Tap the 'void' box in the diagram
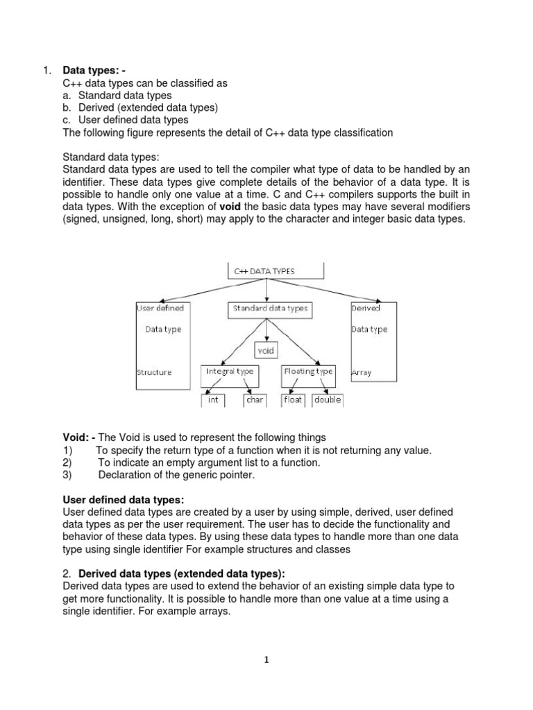(x=266, y=351)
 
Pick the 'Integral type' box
(x=230, y=372)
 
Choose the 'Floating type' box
(x=308, y=372)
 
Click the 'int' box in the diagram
(x=213, y=401)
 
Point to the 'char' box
(x=254, y=401)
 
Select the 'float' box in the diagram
(x=293, y=401)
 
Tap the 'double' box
(x=327, y=401)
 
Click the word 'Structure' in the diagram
(x=153, y=372)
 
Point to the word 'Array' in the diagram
(x=362, y=372)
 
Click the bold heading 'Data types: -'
(x=95, y=70)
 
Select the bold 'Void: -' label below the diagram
(x=80, y=438)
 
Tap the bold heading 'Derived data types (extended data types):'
(x=182, y=573)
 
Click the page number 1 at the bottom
(x=266, y=660)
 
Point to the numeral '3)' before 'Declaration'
(x=67, y=475)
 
